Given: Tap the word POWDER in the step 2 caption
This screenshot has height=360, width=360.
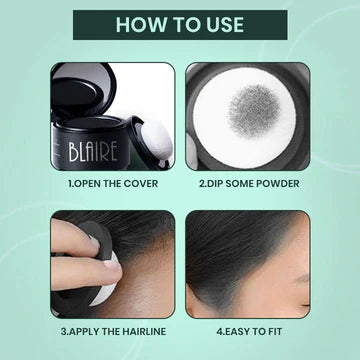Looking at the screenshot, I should [x=276, y=183].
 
